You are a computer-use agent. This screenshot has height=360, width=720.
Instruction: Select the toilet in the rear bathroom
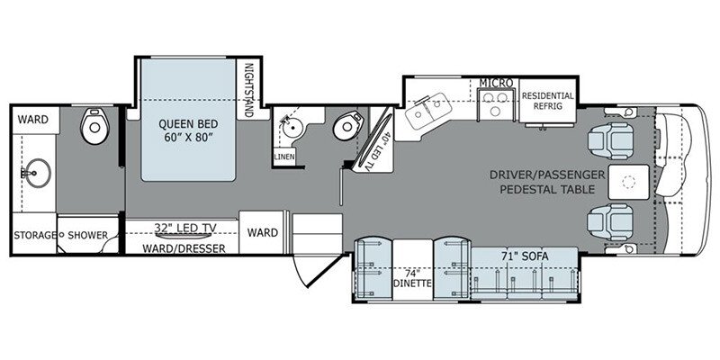tap(93, 128)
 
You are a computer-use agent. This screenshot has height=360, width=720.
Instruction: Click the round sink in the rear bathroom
tap(37, 168)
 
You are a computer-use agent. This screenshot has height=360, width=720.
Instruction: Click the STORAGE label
tap(34, 236)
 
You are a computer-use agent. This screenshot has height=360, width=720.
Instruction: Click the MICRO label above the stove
tap(495, 83)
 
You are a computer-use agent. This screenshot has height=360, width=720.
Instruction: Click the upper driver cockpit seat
tap(606, 138)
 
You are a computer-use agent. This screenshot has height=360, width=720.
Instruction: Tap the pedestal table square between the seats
tap(630, 183)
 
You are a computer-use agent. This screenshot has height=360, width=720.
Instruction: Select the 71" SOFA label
tap(525, 256)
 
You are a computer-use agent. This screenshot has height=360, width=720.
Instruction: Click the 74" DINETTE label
tap(413, 279)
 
